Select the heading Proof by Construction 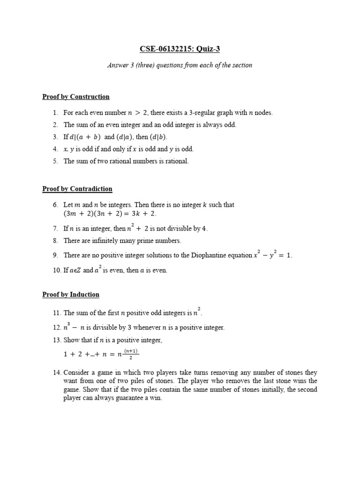76,97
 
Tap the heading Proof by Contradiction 77,189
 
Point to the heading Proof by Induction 71,294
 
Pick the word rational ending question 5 176,161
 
